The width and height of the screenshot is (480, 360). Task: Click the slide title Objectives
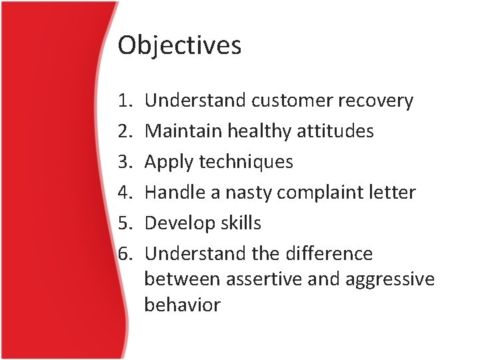179,46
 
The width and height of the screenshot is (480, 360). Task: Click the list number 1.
125,101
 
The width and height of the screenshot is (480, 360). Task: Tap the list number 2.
125,131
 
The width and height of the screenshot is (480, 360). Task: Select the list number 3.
125,162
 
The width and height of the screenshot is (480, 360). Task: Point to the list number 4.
125,193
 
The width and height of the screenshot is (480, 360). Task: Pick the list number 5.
125,223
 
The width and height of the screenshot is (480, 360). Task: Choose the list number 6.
125,254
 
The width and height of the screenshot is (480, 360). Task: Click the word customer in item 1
293,101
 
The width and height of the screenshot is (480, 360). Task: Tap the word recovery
376,101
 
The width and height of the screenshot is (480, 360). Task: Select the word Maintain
183,131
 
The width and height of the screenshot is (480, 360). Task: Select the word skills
241,223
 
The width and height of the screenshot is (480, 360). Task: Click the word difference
330,254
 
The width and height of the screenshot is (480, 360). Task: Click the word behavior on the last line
182,305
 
